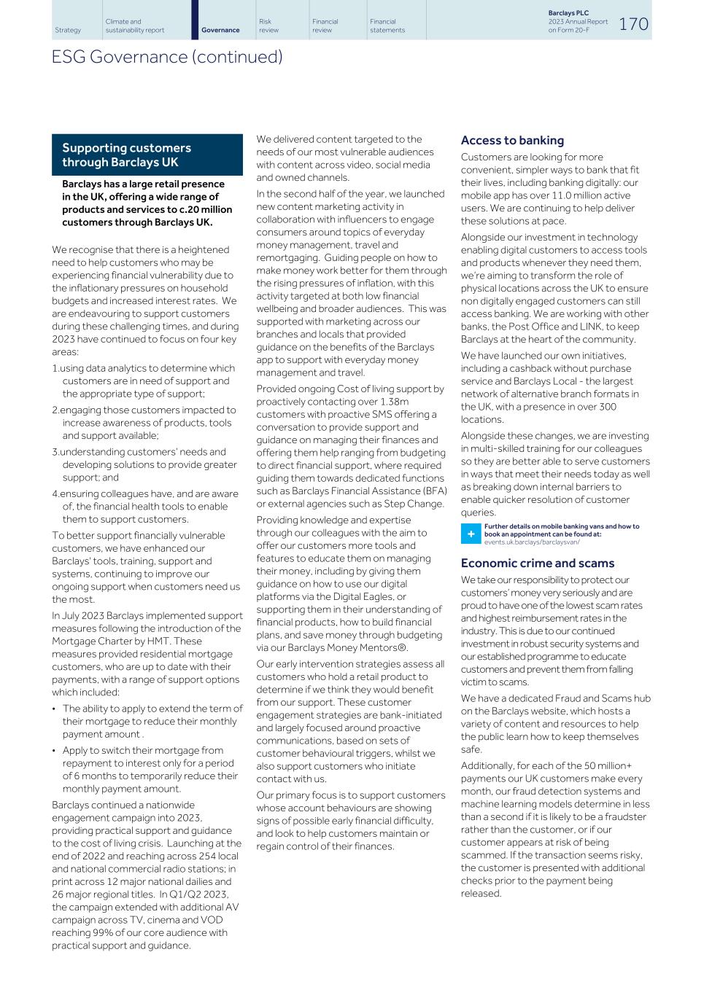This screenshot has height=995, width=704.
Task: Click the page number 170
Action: (633, 23)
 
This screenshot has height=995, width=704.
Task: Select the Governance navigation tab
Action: (220, 30)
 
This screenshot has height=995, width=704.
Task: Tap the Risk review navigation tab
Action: (268, 26)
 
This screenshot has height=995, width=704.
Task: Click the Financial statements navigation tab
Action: (387, 26)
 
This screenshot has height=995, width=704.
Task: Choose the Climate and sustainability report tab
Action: (134, 26)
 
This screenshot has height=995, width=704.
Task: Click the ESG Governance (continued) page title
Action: (167, 57)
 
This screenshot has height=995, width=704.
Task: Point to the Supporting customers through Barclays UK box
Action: (147, 155)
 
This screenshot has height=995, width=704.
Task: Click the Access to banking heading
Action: (512, 141)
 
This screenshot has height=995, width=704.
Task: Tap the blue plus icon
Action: (471, 534)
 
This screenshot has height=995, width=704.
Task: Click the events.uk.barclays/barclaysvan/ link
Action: (532, 542)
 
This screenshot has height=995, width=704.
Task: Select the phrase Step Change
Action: (419, 504)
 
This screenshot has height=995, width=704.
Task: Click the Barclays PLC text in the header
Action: (568, 13)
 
